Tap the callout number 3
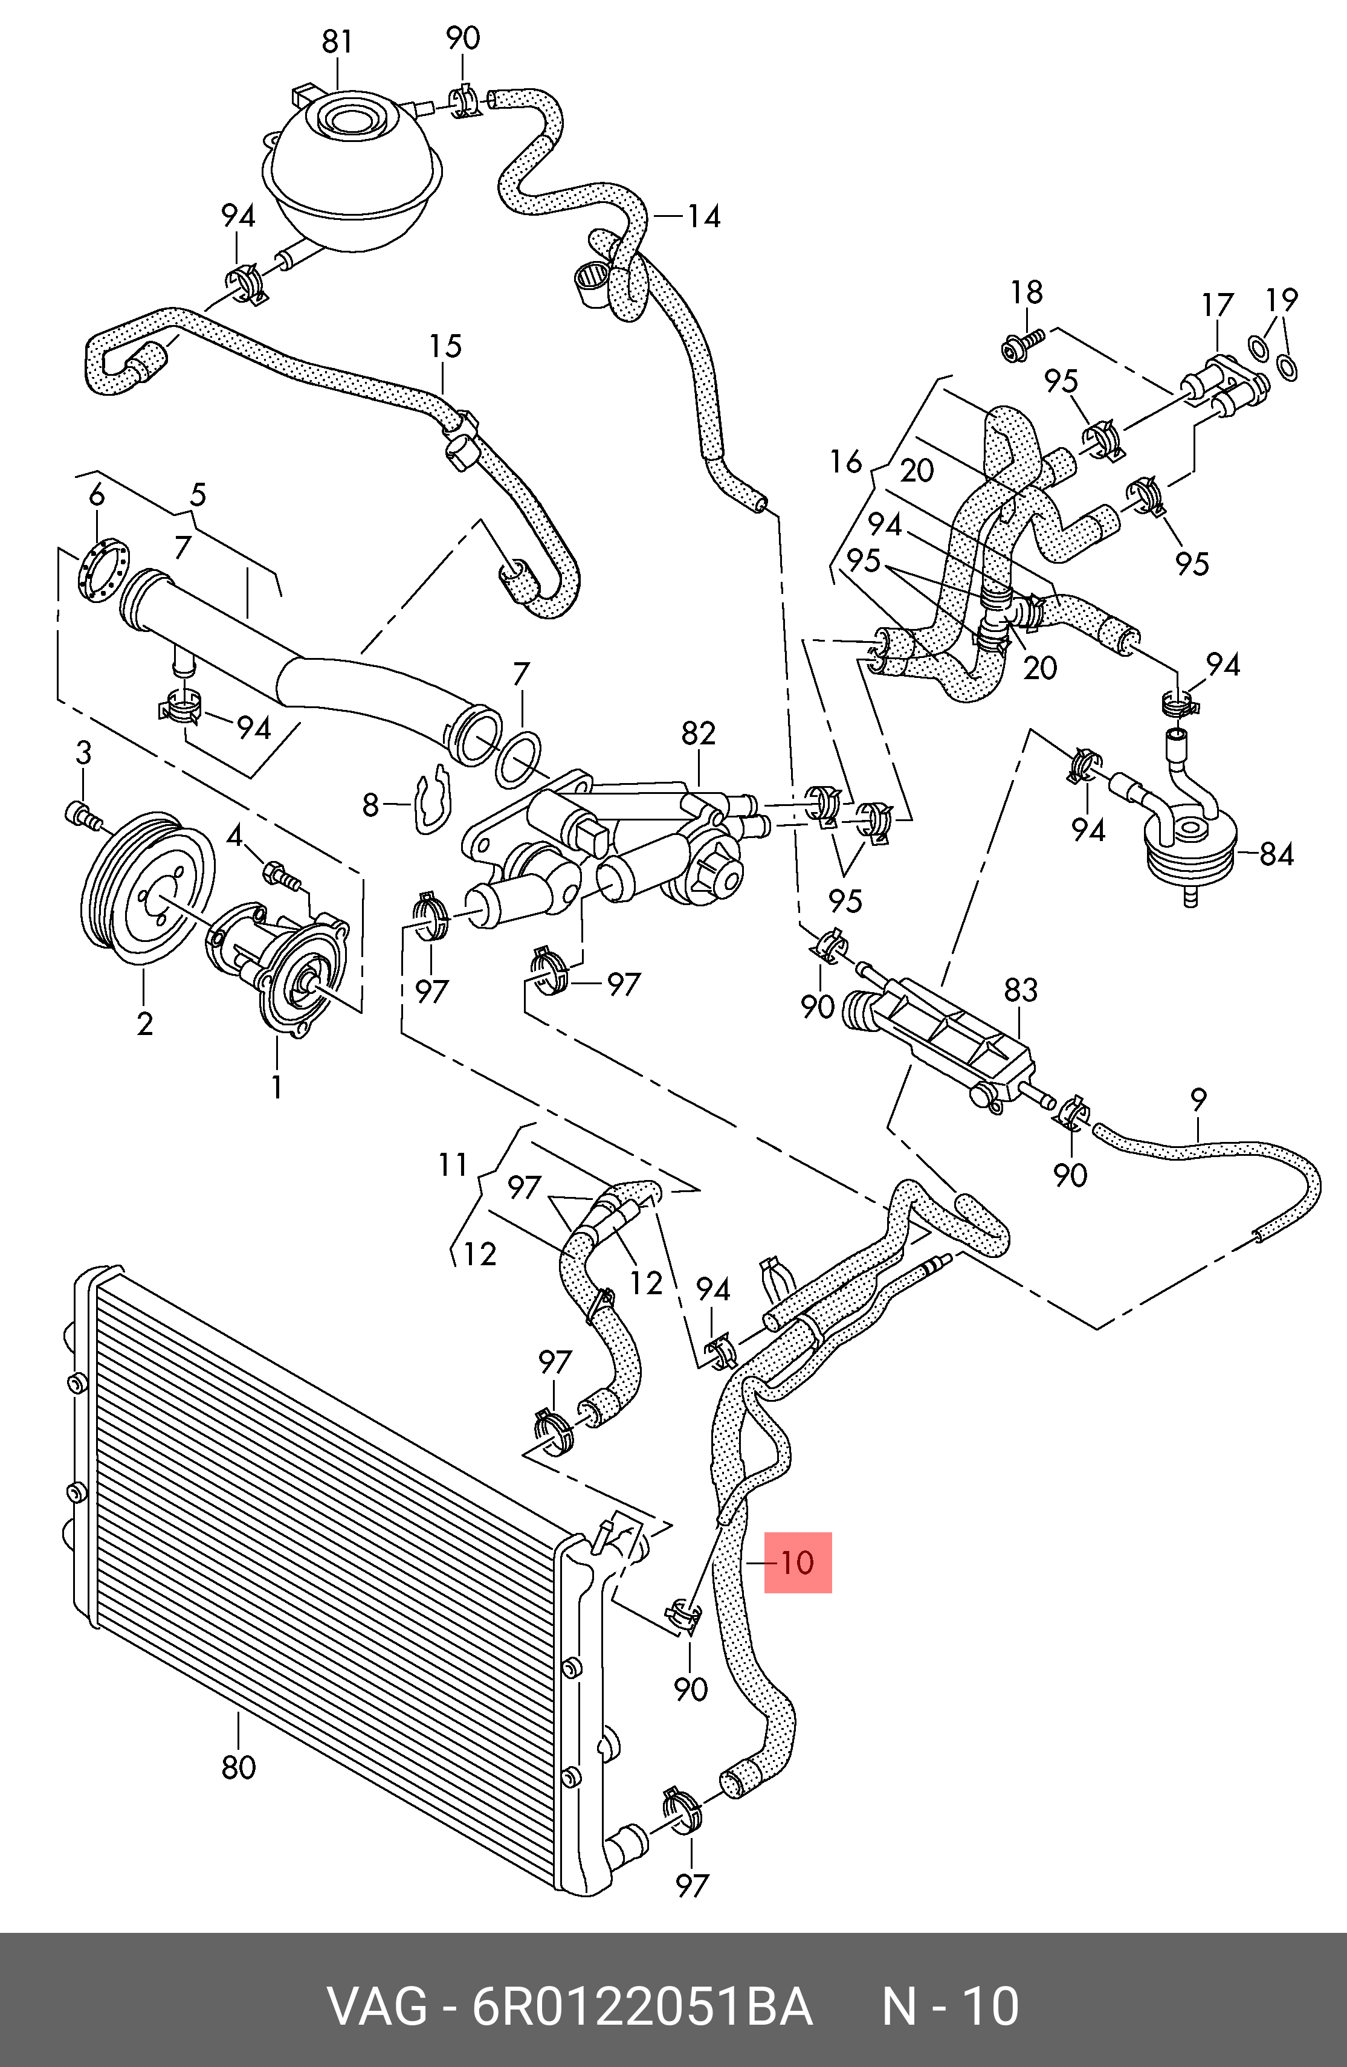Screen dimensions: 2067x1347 tap(83, 753)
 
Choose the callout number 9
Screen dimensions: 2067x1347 tap(1198, 1100)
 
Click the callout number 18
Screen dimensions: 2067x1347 tap(1027, 292)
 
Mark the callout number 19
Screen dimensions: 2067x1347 tap(1282, 300)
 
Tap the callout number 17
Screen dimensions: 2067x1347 tap(1218, 305)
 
